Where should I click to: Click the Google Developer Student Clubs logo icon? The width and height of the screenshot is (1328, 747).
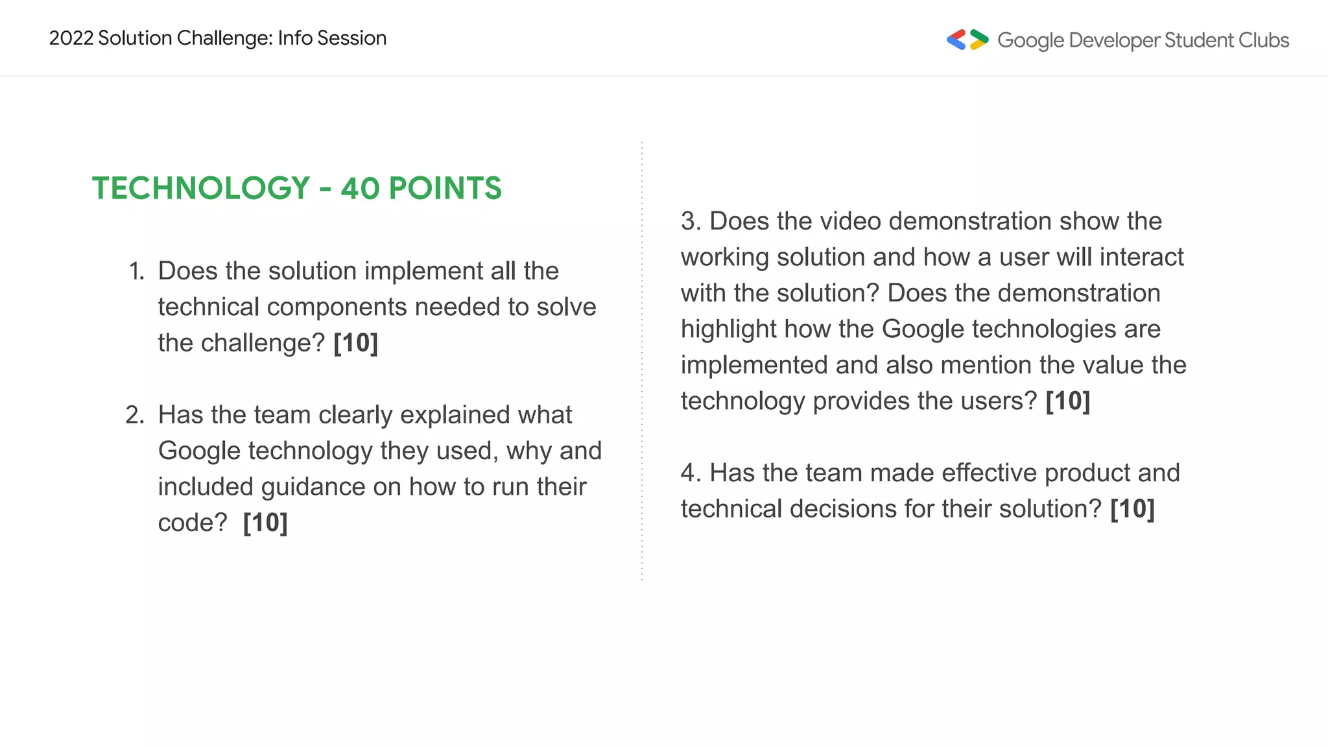[967, 40]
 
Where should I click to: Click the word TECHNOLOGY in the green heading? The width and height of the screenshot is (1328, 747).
[201, 189]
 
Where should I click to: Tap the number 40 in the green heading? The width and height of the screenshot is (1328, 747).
[360, 189]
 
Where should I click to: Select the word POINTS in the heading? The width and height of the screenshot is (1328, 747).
[445, 189]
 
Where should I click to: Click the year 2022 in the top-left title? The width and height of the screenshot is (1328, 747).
[71, 38]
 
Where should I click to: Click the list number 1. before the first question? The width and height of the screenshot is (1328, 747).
[136, 271]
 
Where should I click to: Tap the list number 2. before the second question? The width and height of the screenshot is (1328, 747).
[135, 415]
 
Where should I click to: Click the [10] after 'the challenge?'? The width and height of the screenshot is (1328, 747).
[355, 343]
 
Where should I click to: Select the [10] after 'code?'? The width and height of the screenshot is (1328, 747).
[265, 523]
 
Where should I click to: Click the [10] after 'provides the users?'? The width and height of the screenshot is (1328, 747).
[1068, 401]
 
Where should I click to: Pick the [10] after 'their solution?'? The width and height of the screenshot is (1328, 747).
[1132, 509]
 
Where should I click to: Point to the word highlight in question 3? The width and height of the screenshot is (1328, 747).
[728, 329]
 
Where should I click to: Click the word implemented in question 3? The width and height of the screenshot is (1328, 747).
[754, 365]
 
